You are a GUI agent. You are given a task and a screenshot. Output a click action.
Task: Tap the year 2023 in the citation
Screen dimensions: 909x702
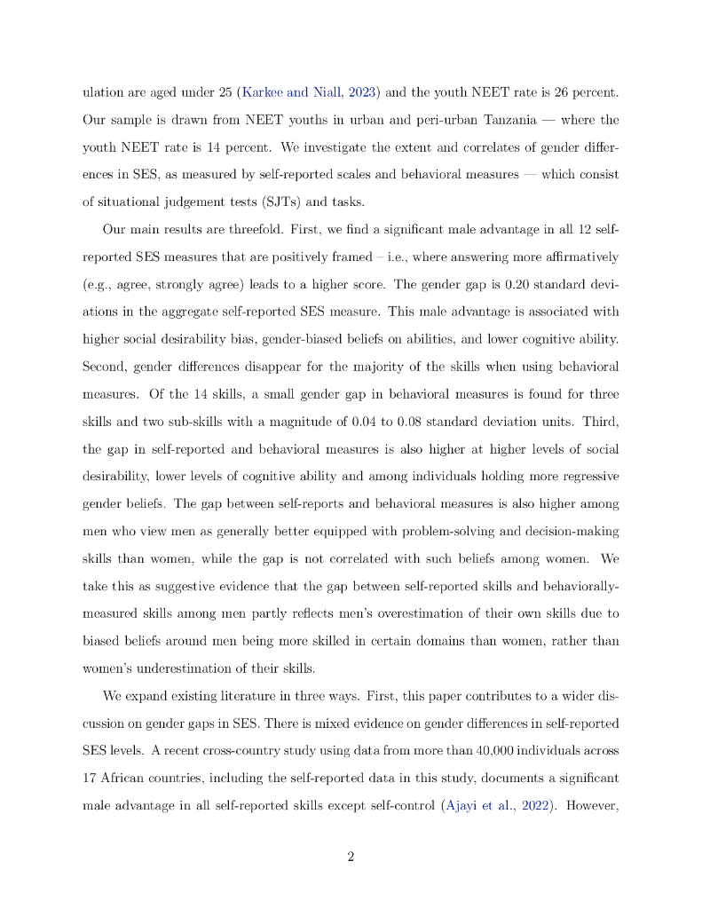point(337,91)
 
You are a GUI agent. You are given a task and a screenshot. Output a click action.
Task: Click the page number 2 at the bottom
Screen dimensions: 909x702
point(351,857)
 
